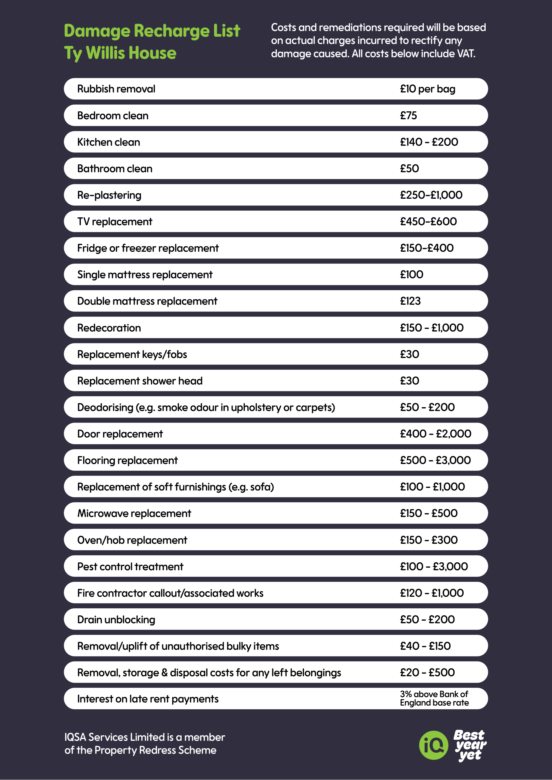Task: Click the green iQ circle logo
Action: click(433, 745)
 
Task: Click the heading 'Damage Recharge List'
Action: click(152, 31)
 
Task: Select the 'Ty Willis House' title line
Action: click(120, 53)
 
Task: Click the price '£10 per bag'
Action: click(427, 89)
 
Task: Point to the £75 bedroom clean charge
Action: click(408, 116)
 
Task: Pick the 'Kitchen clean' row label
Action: click(108, 142)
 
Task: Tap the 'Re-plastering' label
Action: click(109, 195)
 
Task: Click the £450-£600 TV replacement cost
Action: click(428, 222)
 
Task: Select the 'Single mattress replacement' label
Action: click(145, 275)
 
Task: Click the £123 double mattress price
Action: click(410, 301)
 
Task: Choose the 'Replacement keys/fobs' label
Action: click(132, 354)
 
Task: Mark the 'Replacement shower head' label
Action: click(140, 381)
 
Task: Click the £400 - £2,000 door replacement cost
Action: click(435, 434)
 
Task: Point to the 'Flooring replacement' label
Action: click(127, 460)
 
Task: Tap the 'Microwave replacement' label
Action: click(134, 513)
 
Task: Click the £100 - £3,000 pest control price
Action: click(434, 566)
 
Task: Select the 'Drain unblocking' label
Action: click(116, 620)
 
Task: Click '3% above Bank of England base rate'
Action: click(434, 699)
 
